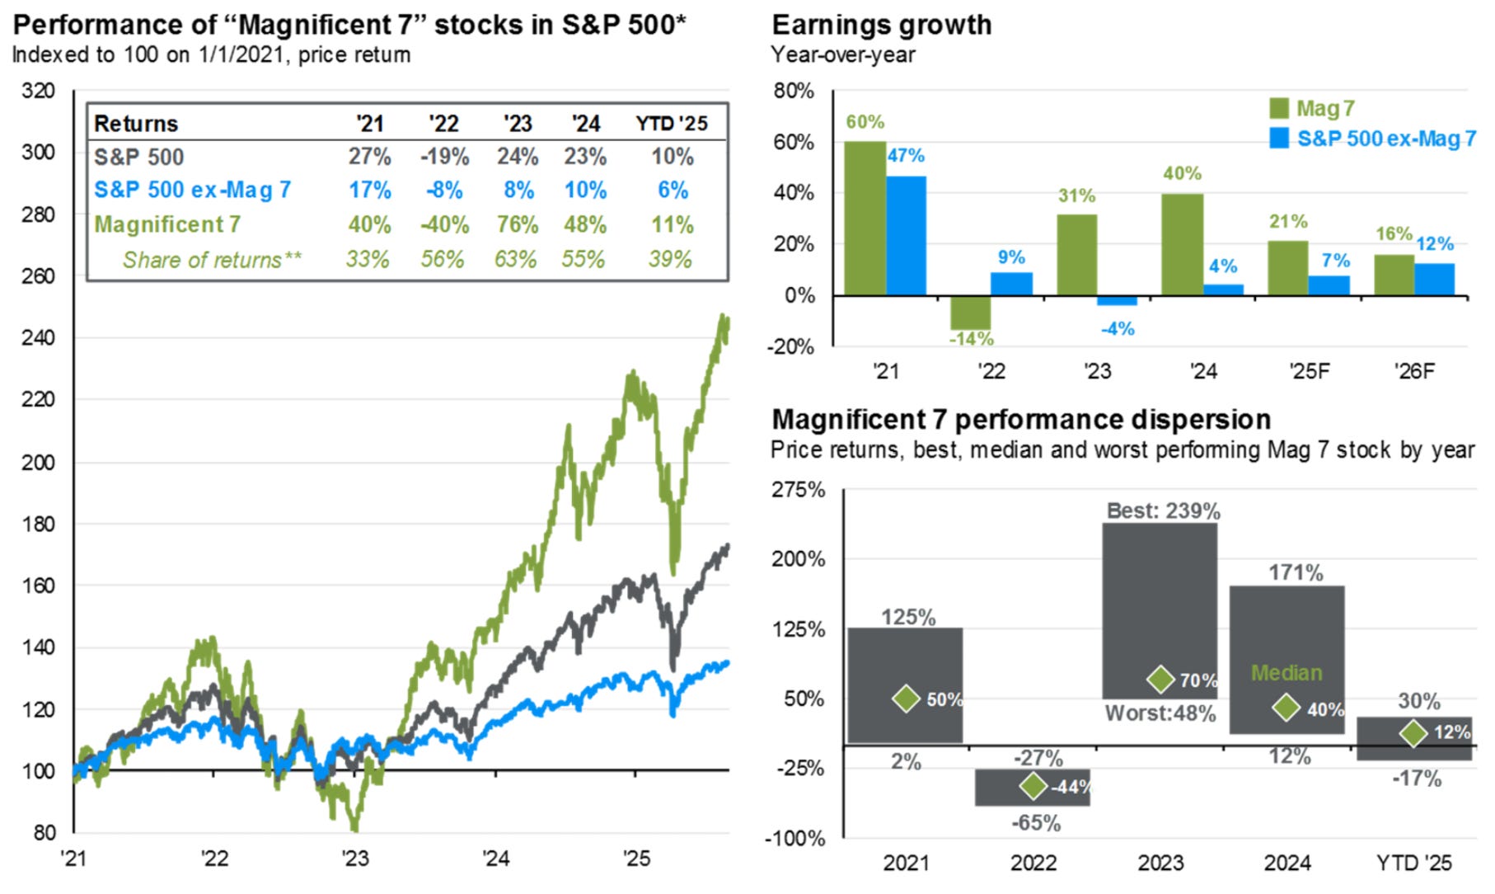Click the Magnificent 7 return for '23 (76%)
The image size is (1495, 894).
pos(517,224)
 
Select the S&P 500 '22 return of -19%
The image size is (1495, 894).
pos(444,157)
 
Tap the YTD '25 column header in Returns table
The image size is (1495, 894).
pos(671,124)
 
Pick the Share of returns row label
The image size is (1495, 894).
pos(212,260)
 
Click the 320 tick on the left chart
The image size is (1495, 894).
pos(38,91)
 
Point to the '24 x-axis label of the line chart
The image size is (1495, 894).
pos(495,859)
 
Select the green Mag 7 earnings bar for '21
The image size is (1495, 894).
pos(865,219)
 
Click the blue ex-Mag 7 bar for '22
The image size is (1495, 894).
pos(1011,284)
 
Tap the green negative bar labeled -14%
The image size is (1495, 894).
pos(971,313)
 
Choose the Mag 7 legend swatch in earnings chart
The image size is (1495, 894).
pos(1279,108)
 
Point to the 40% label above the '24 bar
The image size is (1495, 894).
pos(1182,173)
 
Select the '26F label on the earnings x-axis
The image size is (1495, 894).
pos(1414,371)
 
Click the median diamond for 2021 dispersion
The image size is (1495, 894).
pos(907,699)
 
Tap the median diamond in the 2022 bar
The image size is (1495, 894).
pos(1033,786)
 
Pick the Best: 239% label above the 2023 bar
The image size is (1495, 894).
pos(1163,511)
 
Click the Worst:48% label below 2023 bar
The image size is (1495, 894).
pos(1160,713)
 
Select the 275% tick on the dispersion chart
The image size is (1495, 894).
pos(798,490)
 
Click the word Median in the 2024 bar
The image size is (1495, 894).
pos(1286,673)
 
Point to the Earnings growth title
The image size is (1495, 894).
pos(881,25)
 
